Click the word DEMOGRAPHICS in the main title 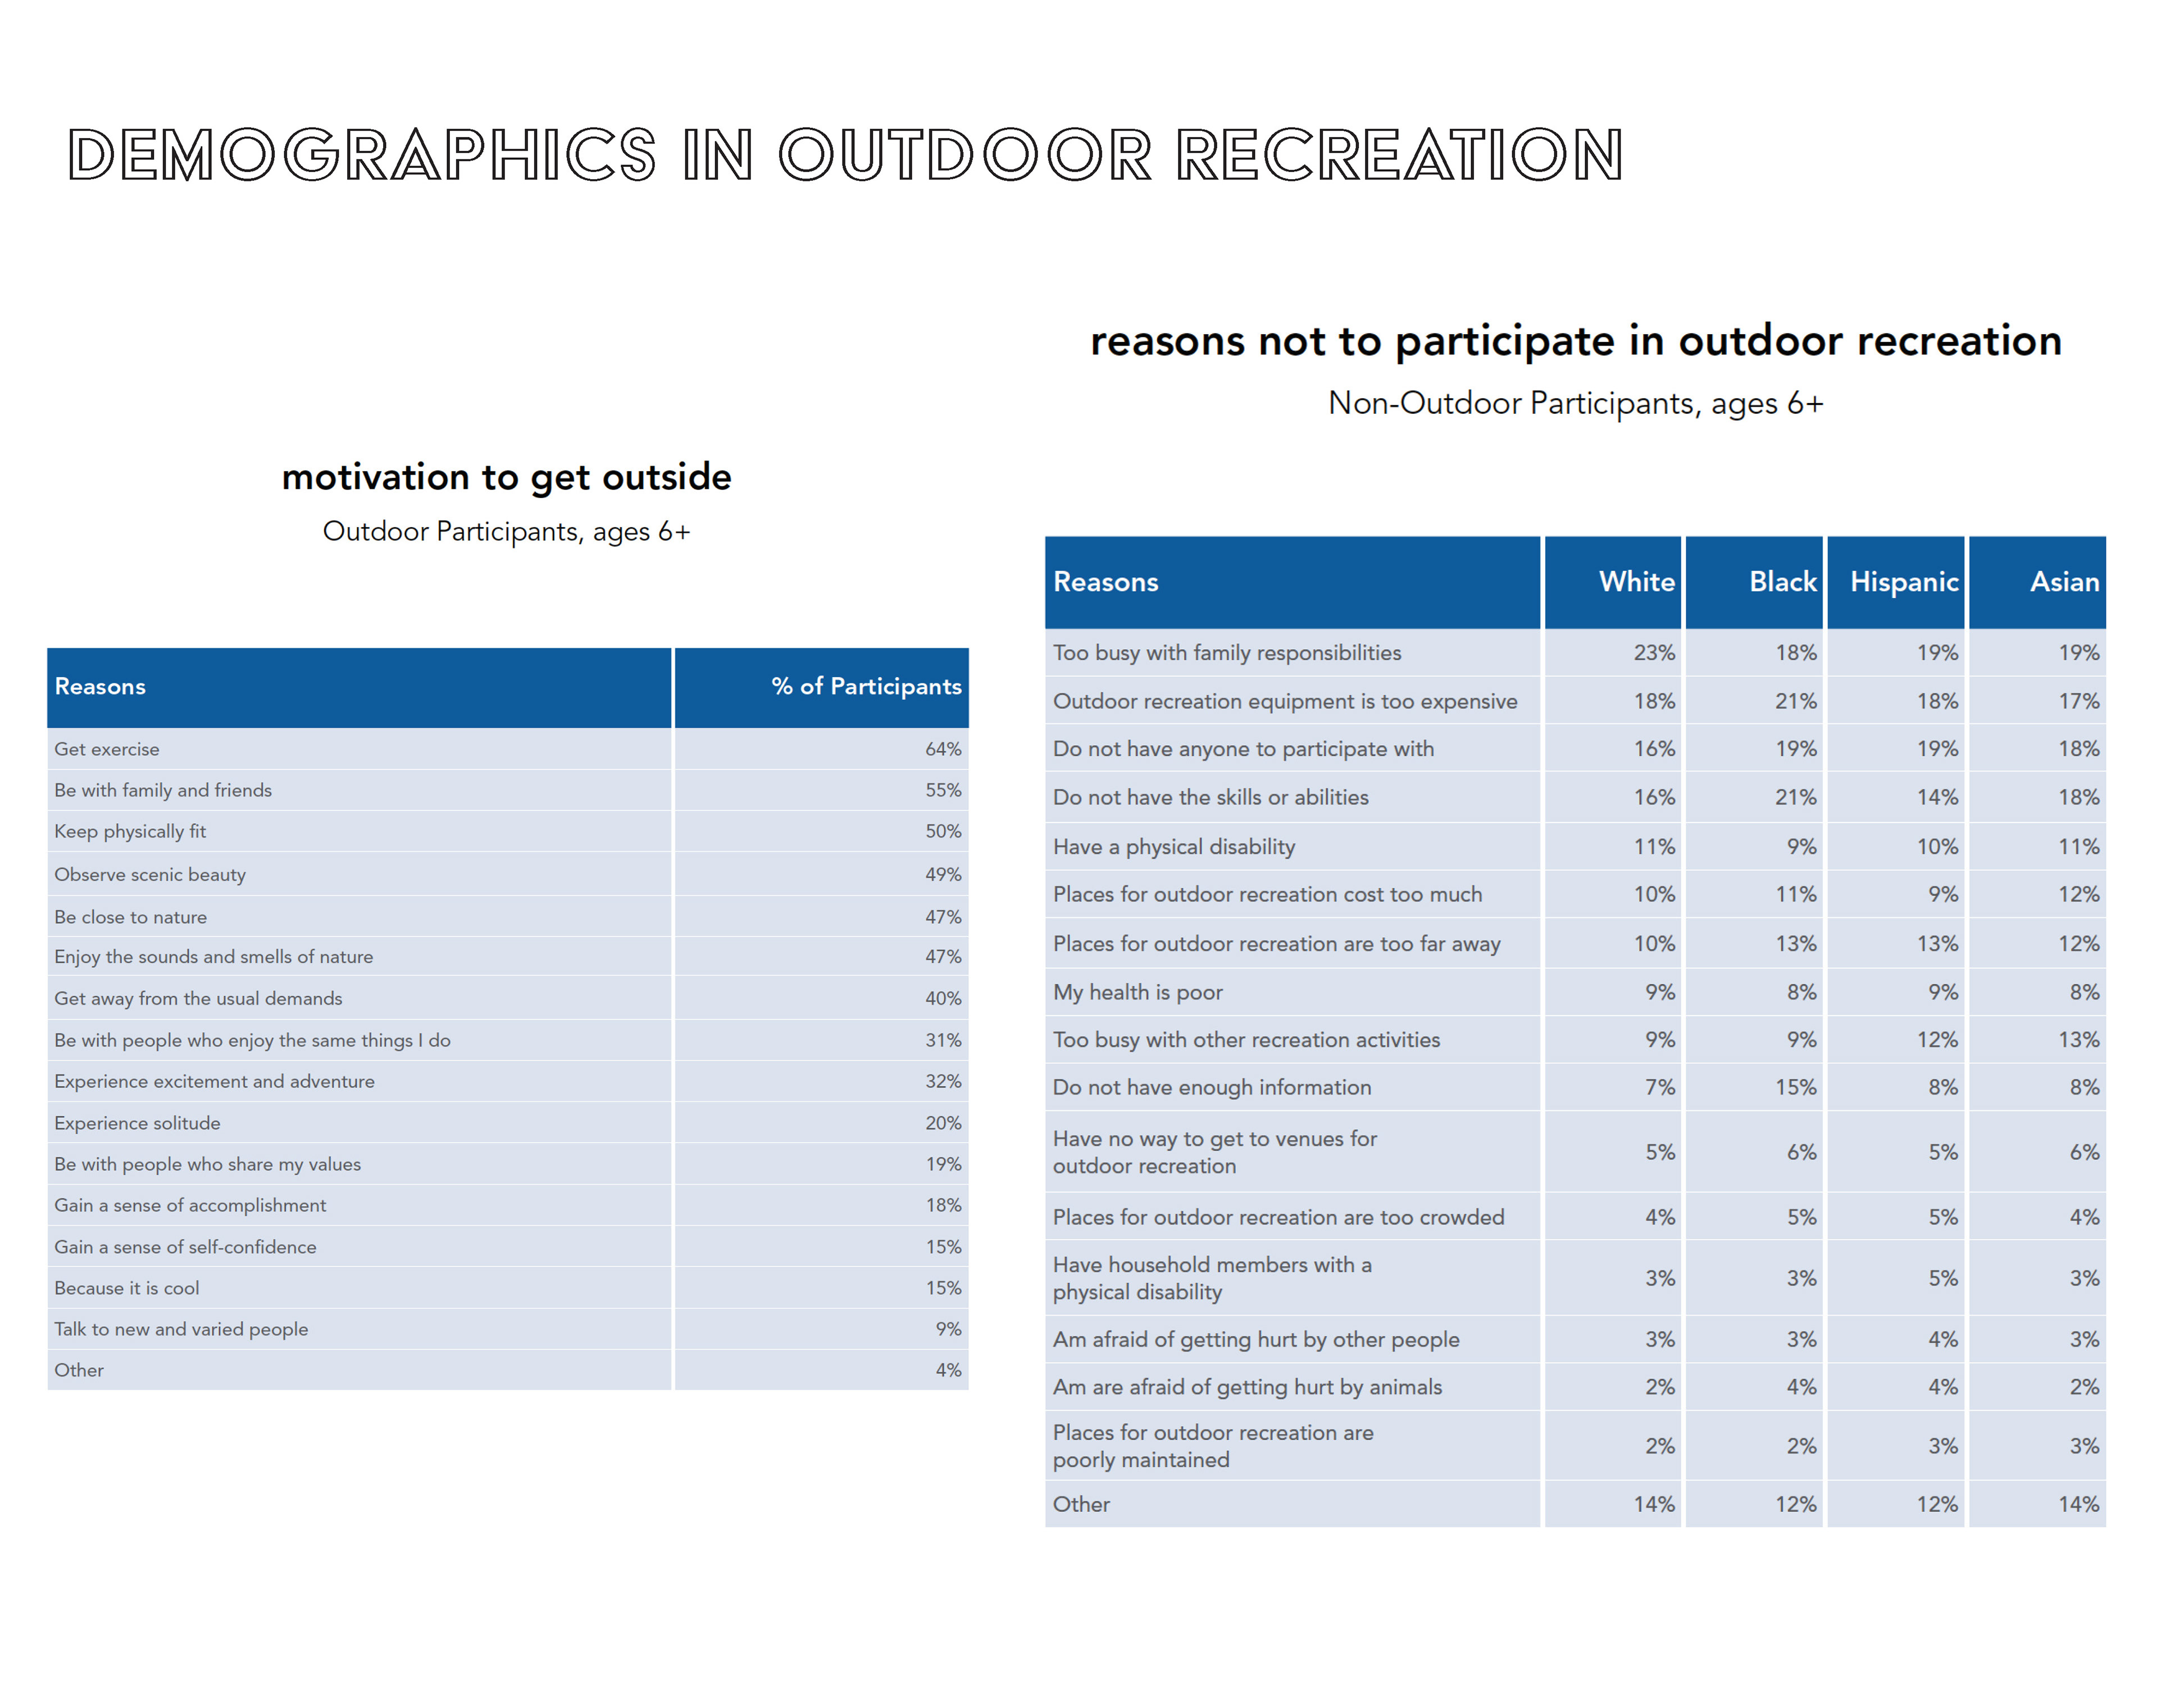click(362, 155)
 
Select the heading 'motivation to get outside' click(506, 478)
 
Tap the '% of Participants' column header click(866, 686)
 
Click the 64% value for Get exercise click(943, 749)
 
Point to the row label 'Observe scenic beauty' click(150, 875)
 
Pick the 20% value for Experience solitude click(943, 1123)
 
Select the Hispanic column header click(1904, 582)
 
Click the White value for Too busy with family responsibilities click(1654, 652)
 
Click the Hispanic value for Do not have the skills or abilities click(1937, 797)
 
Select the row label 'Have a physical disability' click(1174, 847)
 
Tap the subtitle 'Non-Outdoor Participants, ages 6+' click(1576, 404)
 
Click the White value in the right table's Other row click(1654, 1505)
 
